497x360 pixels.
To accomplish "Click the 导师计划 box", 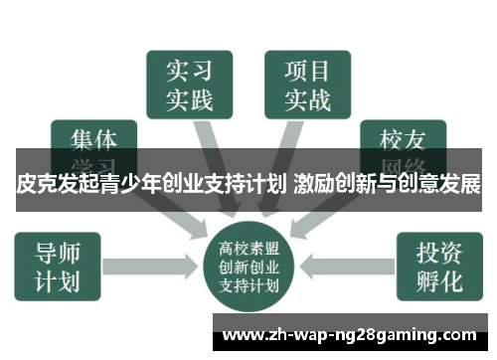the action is pyautogui.click(x=57, y=267).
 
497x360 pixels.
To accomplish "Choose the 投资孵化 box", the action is pyautogui.click(x=438, y=267).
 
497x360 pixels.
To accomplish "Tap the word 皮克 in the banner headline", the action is pyautogui.click(x=36, y=186).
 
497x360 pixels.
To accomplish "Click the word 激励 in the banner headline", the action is pyautogui.click(x=315, y=186).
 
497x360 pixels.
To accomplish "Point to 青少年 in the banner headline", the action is pyautogui.click(x=129, y=186).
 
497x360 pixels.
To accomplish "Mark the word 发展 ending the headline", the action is pyautogui.click(x=460, y=186).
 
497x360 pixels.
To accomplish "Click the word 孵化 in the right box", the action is pyautogui.click(x=438, y=281).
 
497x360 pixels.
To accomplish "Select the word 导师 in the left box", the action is pyautogui.click(x=57, y=251).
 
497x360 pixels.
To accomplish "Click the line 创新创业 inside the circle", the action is pyautogui.click(x=248, y=264).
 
